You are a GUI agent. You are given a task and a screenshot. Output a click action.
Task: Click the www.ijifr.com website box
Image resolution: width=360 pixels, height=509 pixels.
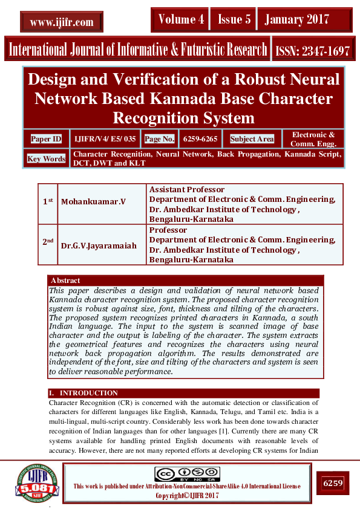pyautogui.click(x=62, y=22)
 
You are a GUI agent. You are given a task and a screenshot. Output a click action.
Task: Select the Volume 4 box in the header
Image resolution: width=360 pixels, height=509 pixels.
pyautogui.click(x=181, y=20)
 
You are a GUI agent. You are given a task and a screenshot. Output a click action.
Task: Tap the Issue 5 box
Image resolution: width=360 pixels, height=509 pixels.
pyautogui.click(x=234, y=20)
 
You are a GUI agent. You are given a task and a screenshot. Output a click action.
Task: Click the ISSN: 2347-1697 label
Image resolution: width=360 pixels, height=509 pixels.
pyautogui.click(x=312, y=51)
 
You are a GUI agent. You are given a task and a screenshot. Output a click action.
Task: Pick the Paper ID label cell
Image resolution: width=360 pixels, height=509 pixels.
pyautogui.click(x=46, y=139)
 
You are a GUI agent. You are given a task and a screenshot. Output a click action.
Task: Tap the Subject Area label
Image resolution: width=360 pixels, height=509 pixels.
pyautogui.click(x=252, y=139)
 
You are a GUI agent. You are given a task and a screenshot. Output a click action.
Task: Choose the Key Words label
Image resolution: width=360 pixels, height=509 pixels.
pyautogui.click(x=46, y=159)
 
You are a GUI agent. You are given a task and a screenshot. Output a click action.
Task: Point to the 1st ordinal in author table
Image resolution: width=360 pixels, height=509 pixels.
pyautogui.click(x=48, y=200)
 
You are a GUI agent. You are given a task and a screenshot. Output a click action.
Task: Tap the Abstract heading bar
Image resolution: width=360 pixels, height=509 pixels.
pyautogui.click(x=186, y=280)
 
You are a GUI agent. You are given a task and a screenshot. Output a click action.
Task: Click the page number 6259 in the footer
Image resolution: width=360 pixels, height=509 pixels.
pyautogui.click(x=333, y=483)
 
